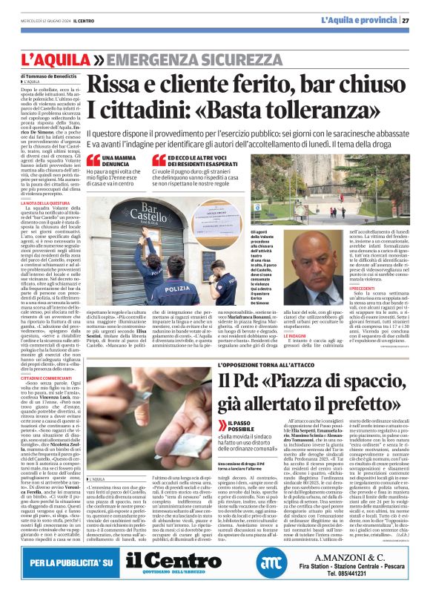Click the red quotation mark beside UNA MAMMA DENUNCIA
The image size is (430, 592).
93,160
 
